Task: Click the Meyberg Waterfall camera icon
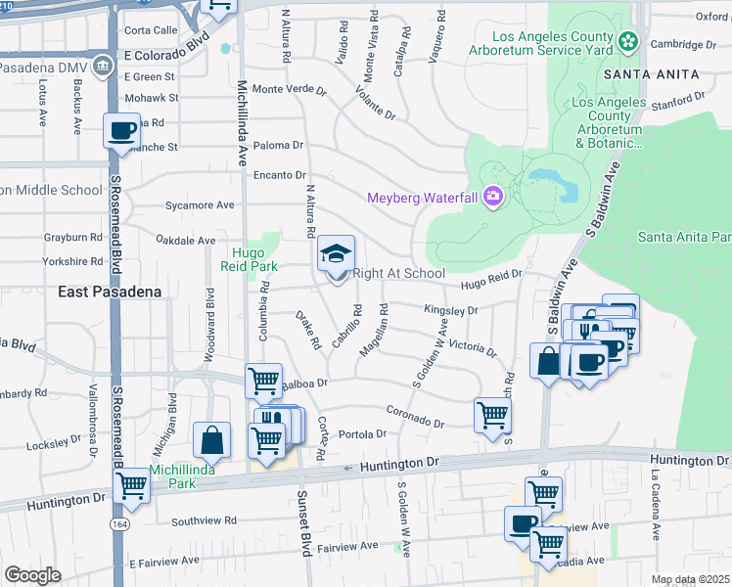pyautogui.click(x=491, y=198)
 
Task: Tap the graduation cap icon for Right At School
pyautogui.click(x=336, y=254)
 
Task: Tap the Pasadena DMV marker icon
pyautogui.click(x=102, y=68)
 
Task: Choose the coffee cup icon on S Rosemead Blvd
pyautogui.click(x=122, y=131)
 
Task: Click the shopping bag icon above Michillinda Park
pyautogui.click(x=211, y=440)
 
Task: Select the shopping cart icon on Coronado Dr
pyautogui.click(x=492, y=414)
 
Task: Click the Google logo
pyautogui.click(x=33, y=575)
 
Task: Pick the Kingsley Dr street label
pyautogui.click(x=450, y=310)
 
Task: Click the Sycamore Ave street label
pyautogui.click(x=201, y=205)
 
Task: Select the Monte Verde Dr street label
pyautogui.click(x=289, y=89)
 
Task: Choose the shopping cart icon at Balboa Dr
pyautogui.click(x=263, y=381)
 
